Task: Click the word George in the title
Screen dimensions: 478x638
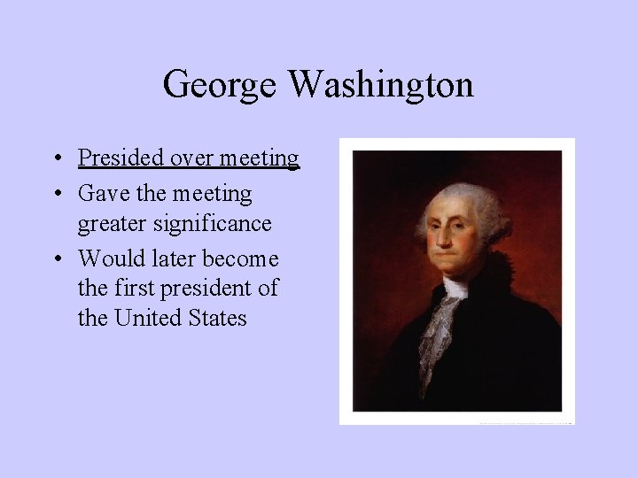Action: [222, 85]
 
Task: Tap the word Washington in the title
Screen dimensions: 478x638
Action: [381, 85]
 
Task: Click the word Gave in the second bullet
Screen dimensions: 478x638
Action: [103, 193]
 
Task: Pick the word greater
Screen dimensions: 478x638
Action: [113, 224]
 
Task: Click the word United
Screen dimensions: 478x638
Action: [149, 318]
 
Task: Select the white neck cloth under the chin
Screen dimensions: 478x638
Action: [455, 288]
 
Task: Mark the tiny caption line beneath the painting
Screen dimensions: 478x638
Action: [523, 423]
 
